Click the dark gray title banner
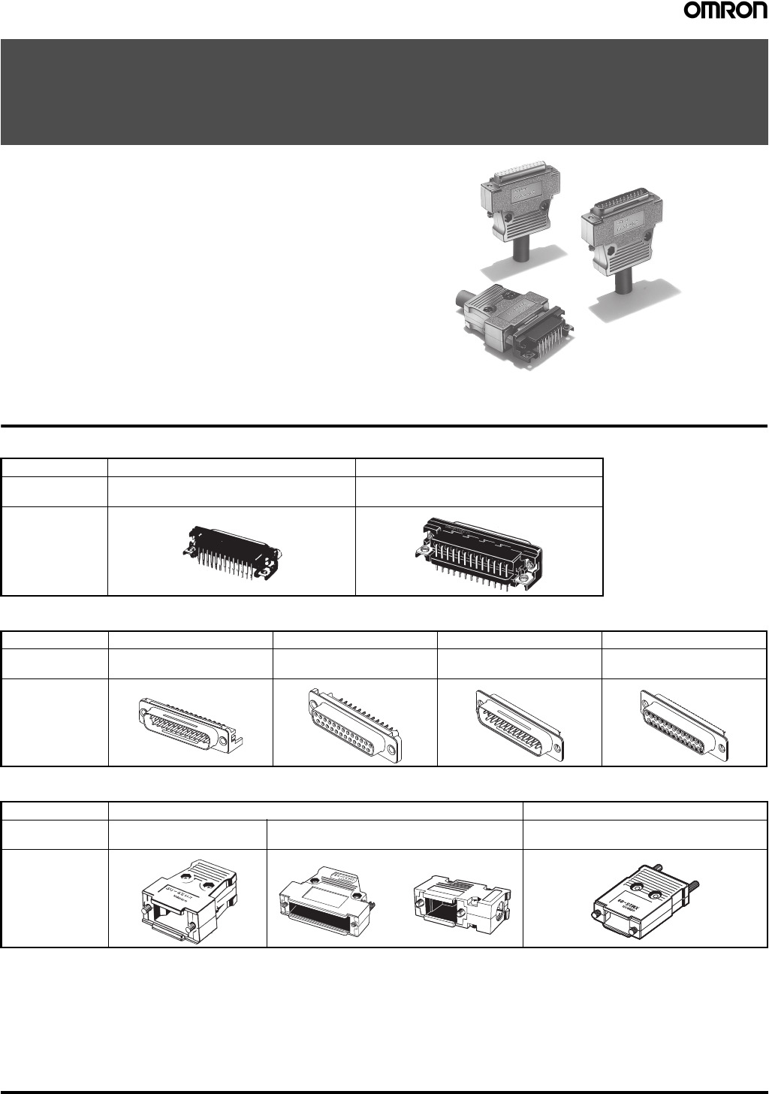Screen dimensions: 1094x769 [x=384, y=92]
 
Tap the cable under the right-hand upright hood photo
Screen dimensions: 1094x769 [x=621, y=284]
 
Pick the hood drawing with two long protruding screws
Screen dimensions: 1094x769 [x=644, y=901]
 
